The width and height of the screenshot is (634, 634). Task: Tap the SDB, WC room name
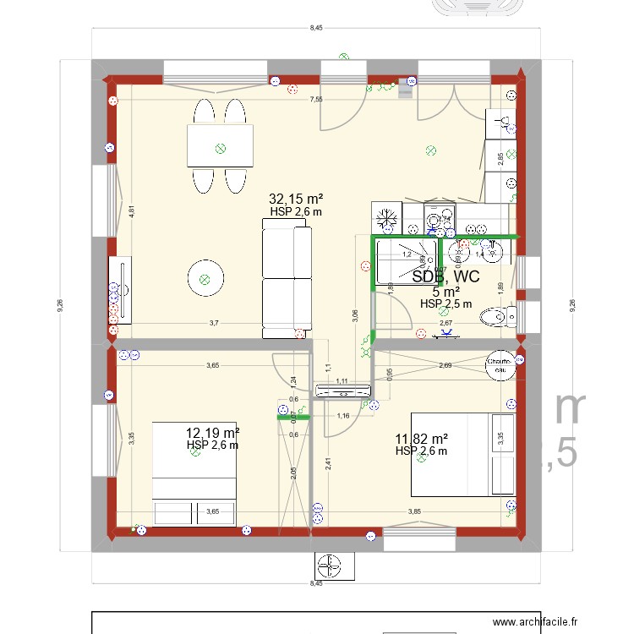[x=445, y=276]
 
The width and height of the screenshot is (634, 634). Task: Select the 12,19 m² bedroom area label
[x=213, y=433]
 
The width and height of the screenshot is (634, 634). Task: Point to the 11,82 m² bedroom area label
[x=421, y=439]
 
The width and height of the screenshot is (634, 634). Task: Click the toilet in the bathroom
[x=497, y=317]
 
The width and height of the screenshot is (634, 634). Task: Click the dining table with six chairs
[x=220, y=146]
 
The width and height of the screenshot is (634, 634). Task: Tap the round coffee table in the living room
[x=203, y=278]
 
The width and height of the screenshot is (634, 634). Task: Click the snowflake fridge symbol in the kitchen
[x=386, y=217]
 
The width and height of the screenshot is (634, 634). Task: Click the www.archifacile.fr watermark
[x=536, y=621]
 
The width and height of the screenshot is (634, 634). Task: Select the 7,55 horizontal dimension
[x=315, y=100]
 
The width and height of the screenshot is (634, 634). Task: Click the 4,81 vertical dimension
[x=132, y=212]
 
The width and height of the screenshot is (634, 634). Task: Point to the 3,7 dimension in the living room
[x=214, y=323]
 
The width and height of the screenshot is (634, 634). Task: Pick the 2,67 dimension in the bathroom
[x=445, y=323]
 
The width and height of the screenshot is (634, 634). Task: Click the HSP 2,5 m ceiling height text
[x=445, y=303]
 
